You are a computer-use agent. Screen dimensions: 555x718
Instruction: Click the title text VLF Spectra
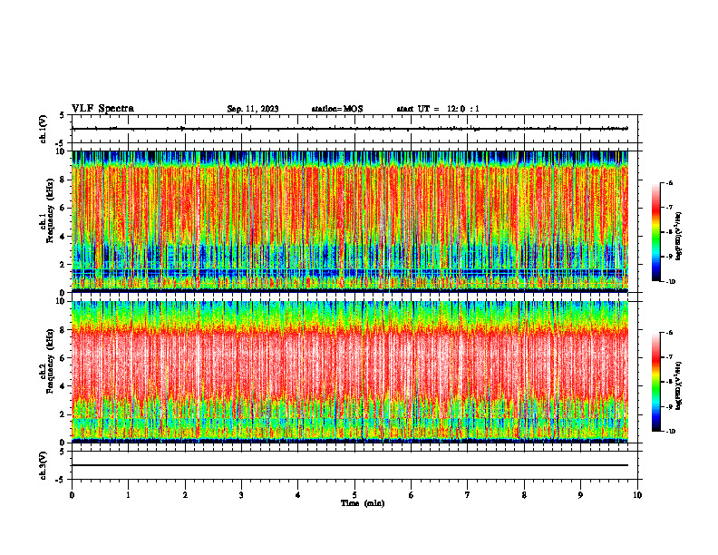[x=102, y=109]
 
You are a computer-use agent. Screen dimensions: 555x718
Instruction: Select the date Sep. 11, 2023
[x=253, y=109]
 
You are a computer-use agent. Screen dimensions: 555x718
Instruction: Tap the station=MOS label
[x=336, y=109]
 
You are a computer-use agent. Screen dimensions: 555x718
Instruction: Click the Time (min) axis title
[x=362, y=502]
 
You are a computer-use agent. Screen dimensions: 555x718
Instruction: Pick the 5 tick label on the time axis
[x=354, y=494]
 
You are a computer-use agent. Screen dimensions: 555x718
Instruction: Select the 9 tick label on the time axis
[x=581, y=494]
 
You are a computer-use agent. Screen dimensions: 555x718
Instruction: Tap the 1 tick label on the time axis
[x=128, y=494]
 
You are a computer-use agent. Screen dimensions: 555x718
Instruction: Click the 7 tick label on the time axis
[x=468, y=494]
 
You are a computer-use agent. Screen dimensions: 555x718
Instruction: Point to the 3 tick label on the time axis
[x=241, y=494]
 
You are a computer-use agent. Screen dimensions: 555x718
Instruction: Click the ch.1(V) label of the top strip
[x=44, y=129]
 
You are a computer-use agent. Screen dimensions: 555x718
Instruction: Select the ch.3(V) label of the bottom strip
[x=44, y=464]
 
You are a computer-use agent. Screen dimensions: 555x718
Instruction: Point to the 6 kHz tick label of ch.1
[x=62, y=208]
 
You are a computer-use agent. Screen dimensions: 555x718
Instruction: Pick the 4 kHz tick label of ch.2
[x=62, y=385]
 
